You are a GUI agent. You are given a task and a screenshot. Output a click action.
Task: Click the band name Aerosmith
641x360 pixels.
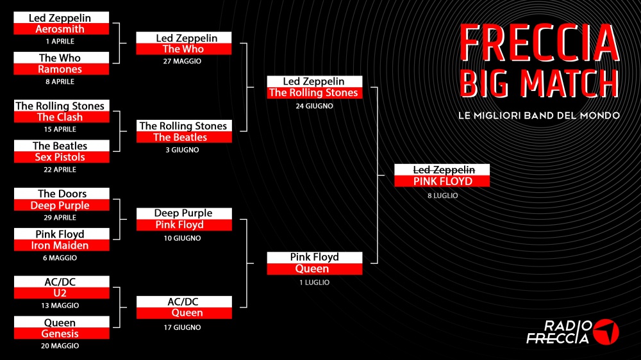[x=60, y=29]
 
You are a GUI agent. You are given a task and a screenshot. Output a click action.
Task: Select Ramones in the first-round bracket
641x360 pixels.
[x=60, y=69]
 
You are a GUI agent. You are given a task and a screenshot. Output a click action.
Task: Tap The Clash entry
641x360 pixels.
[x=60, y=117]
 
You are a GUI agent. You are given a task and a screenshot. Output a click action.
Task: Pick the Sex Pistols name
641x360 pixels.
[x=60, y=157]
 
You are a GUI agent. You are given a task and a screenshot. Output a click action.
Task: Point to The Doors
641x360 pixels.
[x=62, y=193]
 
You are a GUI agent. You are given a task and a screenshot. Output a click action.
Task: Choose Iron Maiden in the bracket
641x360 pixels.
[x=60, y=245]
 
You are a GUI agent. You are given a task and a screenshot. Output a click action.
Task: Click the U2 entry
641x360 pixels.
[x=60, y=293]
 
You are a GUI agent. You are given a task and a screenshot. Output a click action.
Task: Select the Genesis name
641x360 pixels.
[x=60, y=334]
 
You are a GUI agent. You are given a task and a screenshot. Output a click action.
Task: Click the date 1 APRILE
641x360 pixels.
[x=60, y=41]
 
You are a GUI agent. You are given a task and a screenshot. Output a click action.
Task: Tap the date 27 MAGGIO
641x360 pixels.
[x=182, y=61]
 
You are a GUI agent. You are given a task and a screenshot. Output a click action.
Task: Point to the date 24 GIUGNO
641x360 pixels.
[x=314, y=106]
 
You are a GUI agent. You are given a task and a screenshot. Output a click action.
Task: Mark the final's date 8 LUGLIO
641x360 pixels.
[x=443, y=196]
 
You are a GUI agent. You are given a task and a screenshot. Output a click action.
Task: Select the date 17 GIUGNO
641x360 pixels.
[x=182, y=327]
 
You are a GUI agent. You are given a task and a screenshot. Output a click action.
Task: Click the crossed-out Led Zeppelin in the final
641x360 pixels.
[x=444, y=170]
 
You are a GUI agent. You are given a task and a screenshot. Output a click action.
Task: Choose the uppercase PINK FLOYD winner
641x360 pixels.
[x=443, y=181]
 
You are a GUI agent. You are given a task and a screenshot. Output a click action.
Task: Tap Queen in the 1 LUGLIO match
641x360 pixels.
[x=312, y=268]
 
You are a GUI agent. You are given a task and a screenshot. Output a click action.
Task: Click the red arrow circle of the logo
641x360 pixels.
[x=606, y=332]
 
